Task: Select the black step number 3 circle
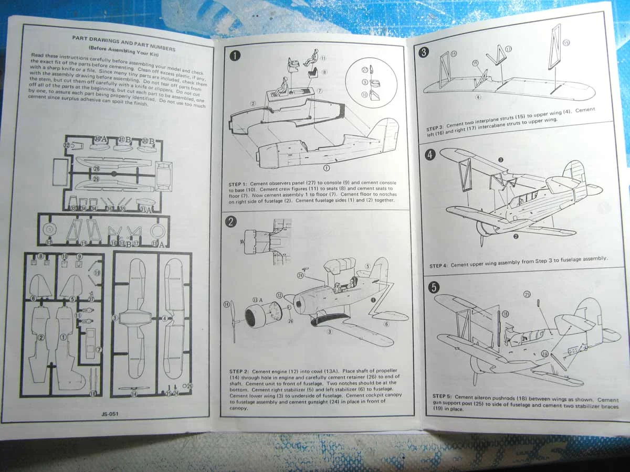click(424, 52)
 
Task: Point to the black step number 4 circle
click(430, 155)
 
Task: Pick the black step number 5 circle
click(434, 287)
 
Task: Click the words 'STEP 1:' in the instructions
click(241, 184)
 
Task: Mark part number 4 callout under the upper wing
click(478, 98)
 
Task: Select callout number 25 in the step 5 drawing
click(527, 294)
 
